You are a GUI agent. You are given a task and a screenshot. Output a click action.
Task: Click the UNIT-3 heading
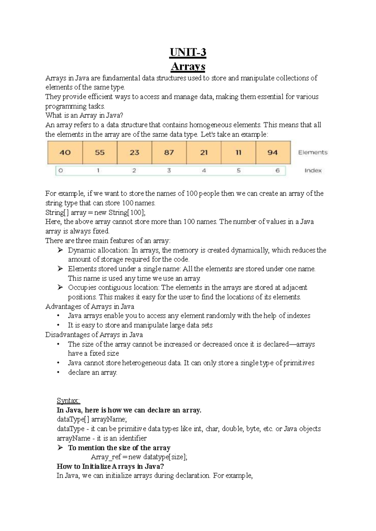tap(188, 52)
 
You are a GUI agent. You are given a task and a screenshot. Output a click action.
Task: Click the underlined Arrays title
tap(188, 66)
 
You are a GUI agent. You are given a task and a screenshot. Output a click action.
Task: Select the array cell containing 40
tap(65, 152)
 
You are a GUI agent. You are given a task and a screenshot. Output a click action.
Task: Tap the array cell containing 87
tap(169, 152)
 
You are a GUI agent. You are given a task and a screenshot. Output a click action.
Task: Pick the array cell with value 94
tap(273, 152)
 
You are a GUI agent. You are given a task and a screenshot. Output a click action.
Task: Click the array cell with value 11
tap(238, 152)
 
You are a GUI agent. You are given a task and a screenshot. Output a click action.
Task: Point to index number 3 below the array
tap(169, 171)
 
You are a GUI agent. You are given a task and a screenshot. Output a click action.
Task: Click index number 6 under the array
tap(277, 171)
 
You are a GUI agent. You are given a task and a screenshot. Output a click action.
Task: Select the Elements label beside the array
tap(313, 152)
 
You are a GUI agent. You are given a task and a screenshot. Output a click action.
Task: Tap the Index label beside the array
tap(313, 171)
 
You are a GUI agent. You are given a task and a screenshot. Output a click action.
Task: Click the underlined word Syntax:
tap(68, 401)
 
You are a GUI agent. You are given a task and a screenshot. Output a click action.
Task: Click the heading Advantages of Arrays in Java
tap(90, 306)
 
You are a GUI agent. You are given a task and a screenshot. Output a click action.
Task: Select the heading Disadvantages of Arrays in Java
tap(94, 334)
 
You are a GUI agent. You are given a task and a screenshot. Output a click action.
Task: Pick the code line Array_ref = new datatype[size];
tap(139, 457)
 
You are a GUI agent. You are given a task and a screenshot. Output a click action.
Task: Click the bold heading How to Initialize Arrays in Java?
tap(110, 466)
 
